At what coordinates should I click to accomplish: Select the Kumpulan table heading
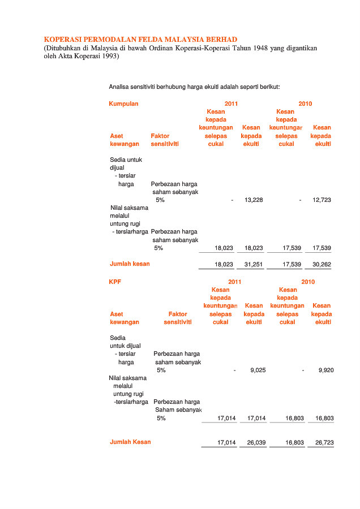[x=123, y=103]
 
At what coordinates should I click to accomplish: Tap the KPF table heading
[x=115, y=282]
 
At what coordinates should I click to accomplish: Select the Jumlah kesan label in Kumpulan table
[x=130, y=264]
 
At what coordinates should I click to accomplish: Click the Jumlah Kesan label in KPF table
[x=130, y=442]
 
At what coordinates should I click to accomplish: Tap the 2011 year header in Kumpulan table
[x=231, y=103]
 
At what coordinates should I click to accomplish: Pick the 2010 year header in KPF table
[x=308, y=282]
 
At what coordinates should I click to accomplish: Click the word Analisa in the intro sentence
[x=119, y=87]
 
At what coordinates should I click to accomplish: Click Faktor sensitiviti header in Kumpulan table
[x=165, y=140]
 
